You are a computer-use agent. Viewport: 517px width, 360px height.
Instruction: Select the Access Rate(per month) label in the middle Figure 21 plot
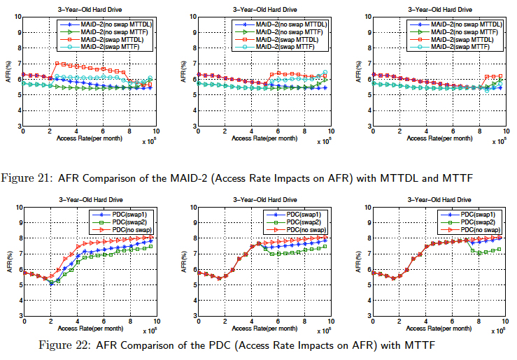click(x=263, y=139)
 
